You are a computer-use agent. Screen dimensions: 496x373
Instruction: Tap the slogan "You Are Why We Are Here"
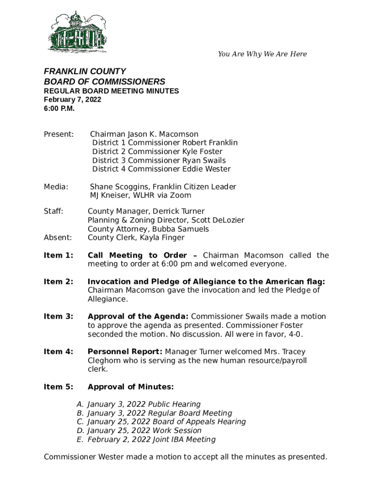[262, 54]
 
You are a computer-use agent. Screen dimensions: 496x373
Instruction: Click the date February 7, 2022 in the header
[73, 100]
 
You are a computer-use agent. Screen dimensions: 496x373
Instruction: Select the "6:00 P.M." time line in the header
[59, 108]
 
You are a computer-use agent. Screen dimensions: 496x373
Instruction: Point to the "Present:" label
[59, 134]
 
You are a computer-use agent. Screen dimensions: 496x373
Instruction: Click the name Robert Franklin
[210, 143]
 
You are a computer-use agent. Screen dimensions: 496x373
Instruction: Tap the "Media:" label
[56, 186]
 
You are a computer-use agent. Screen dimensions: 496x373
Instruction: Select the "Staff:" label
[54, 212]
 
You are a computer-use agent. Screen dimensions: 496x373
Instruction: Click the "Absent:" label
[58, 238]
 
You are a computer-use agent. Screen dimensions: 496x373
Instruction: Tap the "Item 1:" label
[58, 256]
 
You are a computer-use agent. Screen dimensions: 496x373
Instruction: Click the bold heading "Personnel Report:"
[125, 352]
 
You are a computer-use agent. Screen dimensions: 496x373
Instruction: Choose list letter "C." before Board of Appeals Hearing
[80, 422]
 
